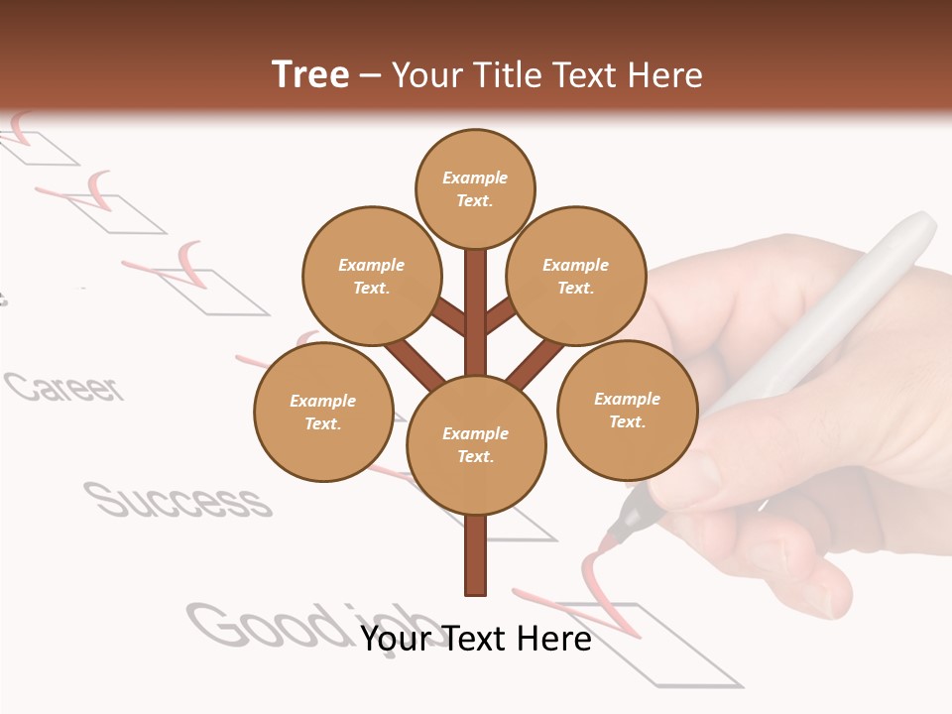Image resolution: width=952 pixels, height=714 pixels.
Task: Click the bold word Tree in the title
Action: click(310, 75)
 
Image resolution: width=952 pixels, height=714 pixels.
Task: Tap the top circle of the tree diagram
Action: click(475, 188)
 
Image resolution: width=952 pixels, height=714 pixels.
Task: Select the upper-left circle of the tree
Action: click(372, 276)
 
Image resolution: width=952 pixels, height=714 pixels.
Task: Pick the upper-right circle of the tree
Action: click(576, 276)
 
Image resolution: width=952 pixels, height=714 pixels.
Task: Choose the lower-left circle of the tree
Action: click(323, 412)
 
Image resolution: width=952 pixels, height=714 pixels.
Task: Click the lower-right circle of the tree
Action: click(628, 410)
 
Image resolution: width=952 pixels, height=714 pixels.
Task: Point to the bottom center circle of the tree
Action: click(476, 444)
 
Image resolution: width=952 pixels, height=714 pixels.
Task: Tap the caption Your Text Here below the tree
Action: click(476, 639)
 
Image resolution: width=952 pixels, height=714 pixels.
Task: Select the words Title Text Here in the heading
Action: click(546, 75)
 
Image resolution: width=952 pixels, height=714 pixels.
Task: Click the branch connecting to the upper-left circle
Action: click(449, 316)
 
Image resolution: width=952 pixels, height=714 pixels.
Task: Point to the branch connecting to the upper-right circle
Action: click(501, 315)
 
